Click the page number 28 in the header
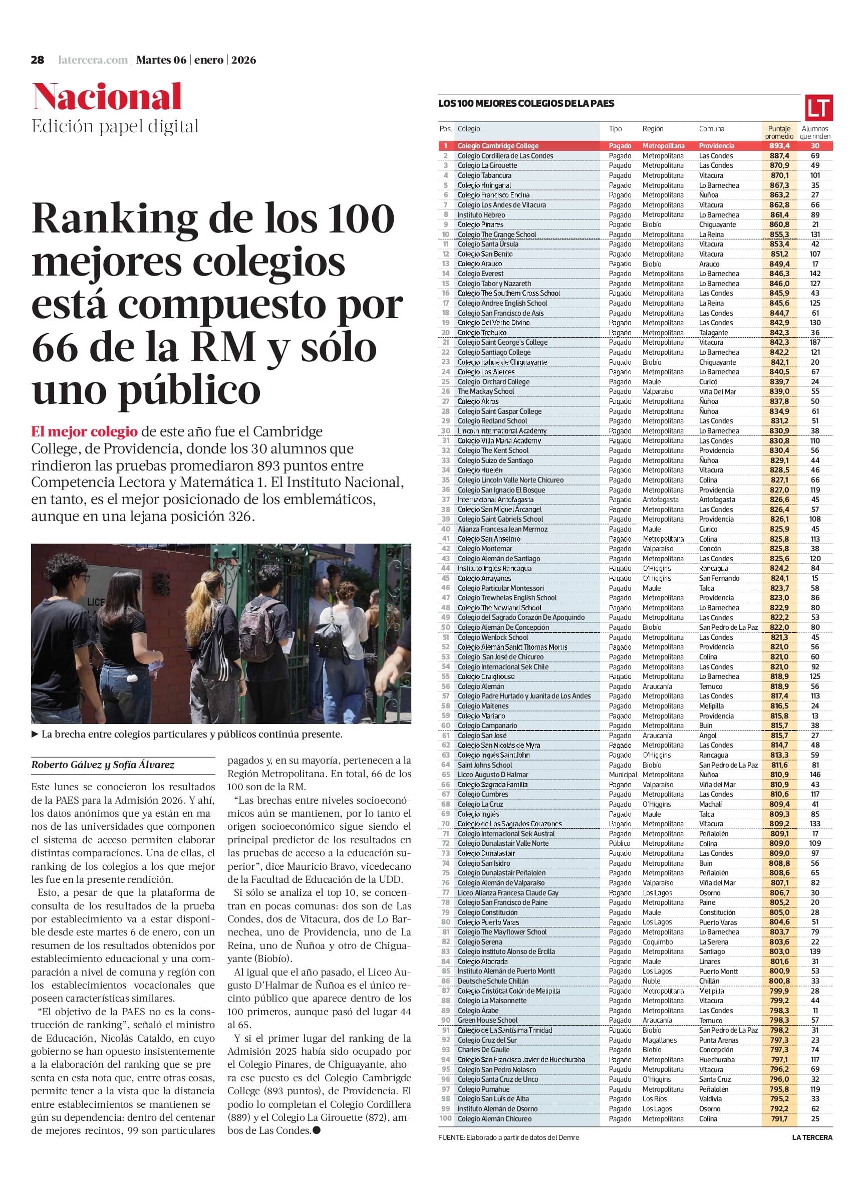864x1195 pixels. pos(38,60)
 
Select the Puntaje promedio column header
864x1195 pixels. pos(779,132)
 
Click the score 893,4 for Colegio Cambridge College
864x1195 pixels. pos(779,146)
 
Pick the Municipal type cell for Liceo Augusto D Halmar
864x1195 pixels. pos(623,775)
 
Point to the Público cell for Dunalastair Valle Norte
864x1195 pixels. pos(620,844)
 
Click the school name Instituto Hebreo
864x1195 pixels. pos(481,215)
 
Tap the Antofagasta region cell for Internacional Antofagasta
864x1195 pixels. pos(660,500)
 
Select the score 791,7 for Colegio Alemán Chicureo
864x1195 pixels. pos(779,1119)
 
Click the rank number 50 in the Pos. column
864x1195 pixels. pos(446,627)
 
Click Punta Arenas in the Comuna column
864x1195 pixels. pos(719,1040)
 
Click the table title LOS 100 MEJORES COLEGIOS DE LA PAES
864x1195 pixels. pos(526,104)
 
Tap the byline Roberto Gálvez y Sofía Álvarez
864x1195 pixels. pos(103,765)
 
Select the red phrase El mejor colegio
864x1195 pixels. pos(84,432)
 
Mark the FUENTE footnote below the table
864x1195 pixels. pos(508,1137)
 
